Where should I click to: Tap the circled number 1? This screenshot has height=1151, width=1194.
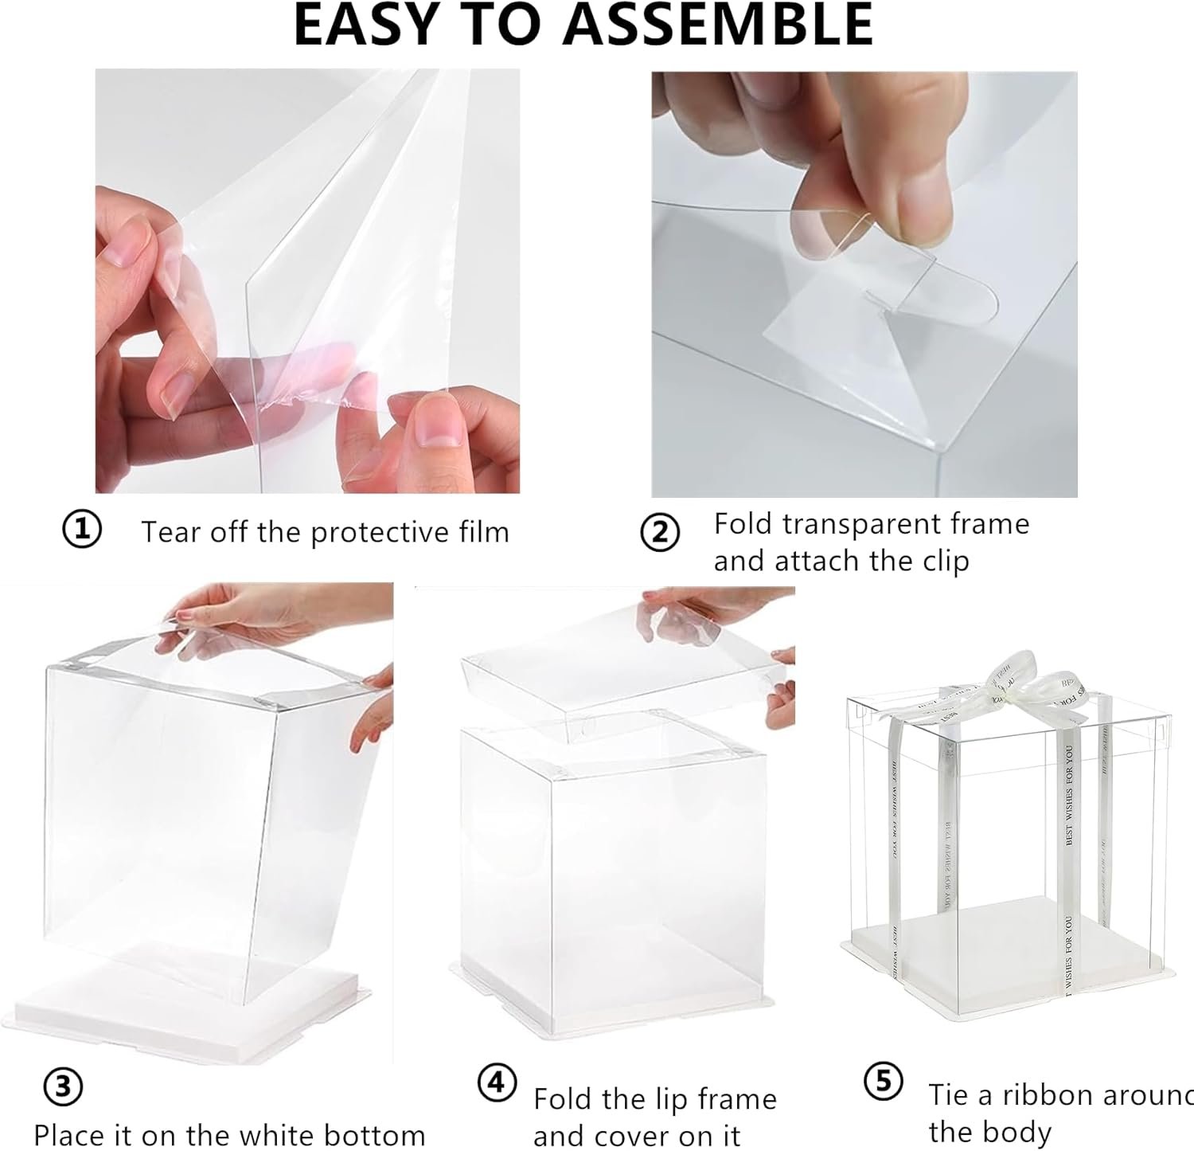(81, 530)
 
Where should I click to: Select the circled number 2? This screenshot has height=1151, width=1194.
(660, 533)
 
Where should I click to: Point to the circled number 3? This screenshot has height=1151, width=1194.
(64, 1088)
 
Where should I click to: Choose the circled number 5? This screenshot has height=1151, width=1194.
(883, 1082)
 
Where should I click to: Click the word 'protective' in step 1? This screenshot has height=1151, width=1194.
(369, 532)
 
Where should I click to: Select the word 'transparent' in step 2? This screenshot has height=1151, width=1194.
(864, 524)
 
